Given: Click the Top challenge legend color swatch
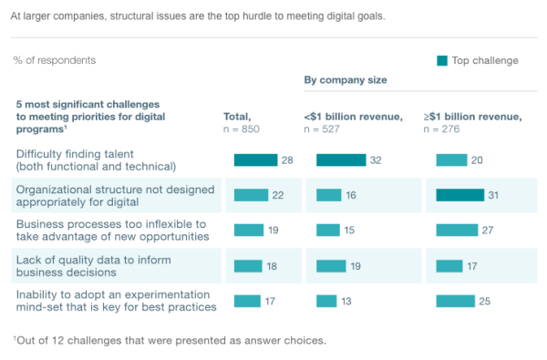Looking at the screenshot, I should (442, 61).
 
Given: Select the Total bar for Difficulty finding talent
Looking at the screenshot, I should (255, 160).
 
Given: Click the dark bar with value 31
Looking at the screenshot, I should (459, 195).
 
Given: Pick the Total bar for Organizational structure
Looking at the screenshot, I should (252, 195).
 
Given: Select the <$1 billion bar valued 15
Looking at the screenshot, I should (328, 231).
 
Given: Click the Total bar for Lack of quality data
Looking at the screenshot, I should (248, 266).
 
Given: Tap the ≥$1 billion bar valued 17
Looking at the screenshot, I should (449, 266).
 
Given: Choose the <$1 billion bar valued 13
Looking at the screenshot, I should (326, 301).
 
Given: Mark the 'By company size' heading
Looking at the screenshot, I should (345, 80).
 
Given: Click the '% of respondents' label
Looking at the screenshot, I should (54, 60).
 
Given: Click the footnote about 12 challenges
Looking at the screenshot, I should (169, 341).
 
